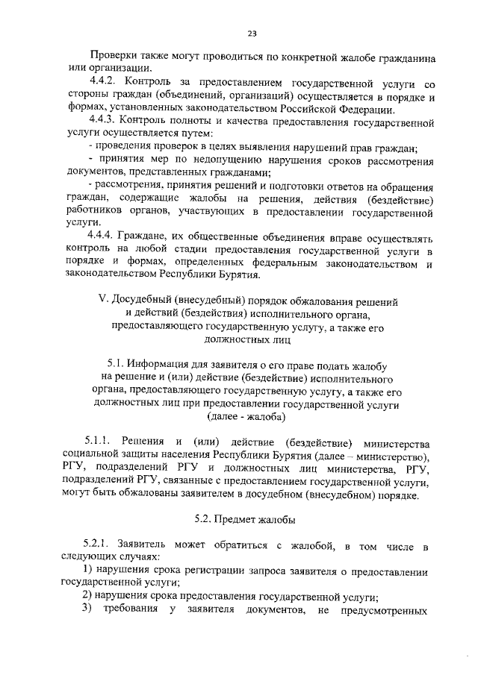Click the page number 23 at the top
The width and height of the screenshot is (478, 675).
pos(251,33)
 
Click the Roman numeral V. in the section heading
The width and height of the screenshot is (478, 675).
pos(103,301)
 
